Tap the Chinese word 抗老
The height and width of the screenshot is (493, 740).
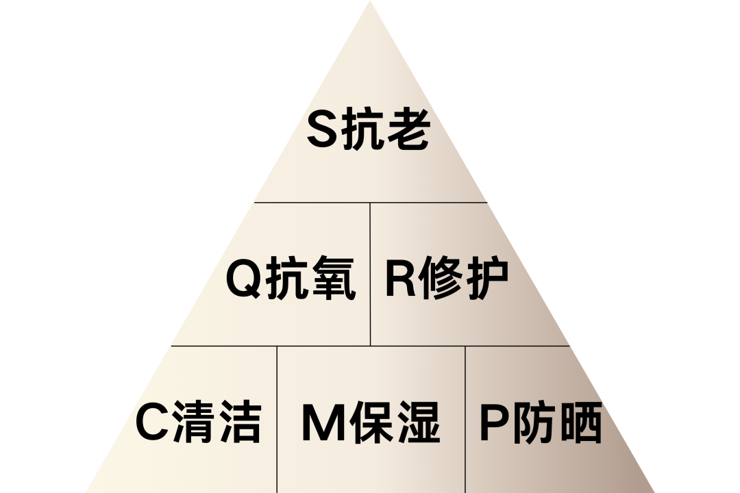(384, 131)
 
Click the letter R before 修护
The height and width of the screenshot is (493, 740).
(400, 279)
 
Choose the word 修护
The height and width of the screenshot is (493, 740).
(463, 279)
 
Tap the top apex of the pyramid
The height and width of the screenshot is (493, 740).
(370, 3)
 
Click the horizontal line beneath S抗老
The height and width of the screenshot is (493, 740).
(370, 203)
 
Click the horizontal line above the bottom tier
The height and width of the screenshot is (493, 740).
(370, 346)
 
